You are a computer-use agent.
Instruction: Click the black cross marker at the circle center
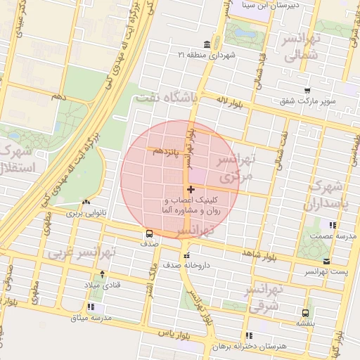(x=191, y=189)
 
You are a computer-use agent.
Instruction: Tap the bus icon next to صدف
(x=149, y=233)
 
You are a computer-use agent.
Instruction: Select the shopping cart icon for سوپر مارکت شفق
(x=307, y=91)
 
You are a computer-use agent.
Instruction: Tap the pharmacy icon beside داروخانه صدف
(x=186, y=255)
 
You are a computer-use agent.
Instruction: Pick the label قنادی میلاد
(x=103, y=285)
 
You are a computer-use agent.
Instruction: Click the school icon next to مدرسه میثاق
(x=91, y=307)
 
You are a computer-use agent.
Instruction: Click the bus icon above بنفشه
(x=305, y=313)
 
